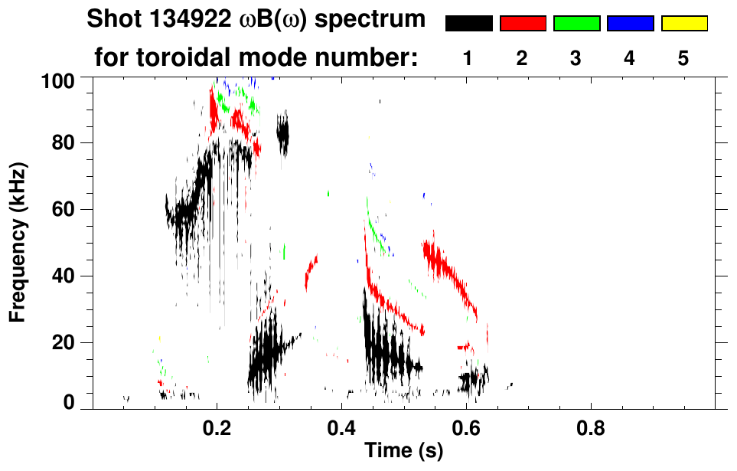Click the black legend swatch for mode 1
[468, 24]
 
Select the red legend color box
[523, 24]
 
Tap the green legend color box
[576, 24]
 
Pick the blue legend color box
[630, 24]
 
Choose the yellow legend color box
[683, 24]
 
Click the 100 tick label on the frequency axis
[57, 79]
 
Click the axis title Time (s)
[403, 451]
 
